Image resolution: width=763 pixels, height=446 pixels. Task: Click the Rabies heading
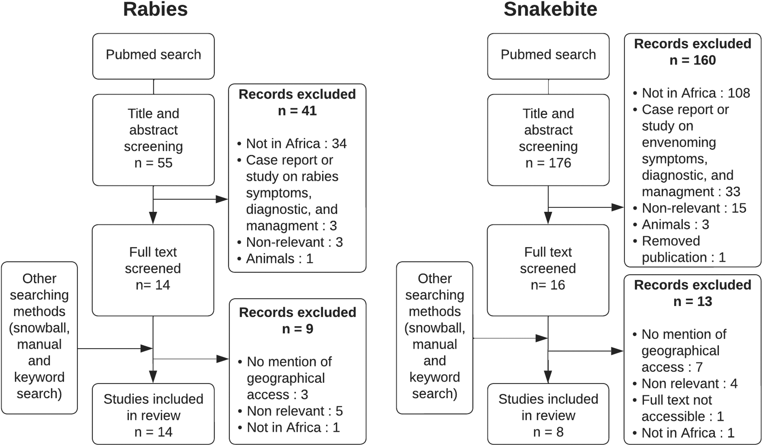tap(155, 10)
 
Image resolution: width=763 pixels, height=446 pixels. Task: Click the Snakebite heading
tap(550, 10)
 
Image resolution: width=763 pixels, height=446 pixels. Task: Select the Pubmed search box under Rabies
tap(153, 55)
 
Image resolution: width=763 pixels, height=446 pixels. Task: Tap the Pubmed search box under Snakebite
tap(548, 55)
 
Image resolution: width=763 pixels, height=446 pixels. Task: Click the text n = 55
tap(153, 163)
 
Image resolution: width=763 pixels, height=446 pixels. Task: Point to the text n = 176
tap(548, 163)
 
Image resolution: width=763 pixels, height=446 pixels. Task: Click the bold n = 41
tap(297, 111)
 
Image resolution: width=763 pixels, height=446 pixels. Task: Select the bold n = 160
tap(693, 60)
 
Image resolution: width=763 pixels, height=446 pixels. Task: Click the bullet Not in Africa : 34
tap(296, 144)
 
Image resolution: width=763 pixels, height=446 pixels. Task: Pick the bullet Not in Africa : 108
tap(695, 93)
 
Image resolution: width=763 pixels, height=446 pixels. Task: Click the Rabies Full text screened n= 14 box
tap(153, 269)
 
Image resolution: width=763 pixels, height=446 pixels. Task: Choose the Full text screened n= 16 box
tap(548, 269)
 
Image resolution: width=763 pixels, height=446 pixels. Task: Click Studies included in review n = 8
tap(548, 415)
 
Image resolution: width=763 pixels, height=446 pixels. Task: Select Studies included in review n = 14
tap(153, 415)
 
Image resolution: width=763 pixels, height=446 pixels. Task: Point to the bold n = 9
tap(297, 329)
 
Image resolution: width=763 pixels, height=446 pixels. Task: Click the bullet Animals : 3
tap(675, 225)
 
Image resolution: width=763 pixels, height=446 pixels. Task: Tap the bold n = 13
tap(693, 302)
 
